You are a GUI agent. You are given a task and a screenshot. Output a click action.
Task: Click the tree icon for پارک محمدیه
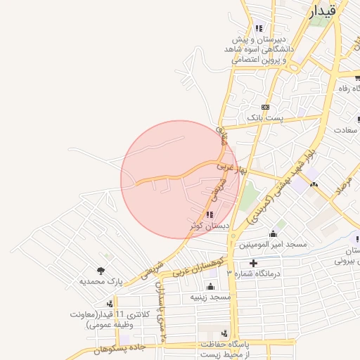[x=101, y=270]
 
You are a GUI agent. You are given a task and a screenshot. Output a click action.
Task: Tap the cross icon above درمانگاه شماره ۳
[x=253, y=263]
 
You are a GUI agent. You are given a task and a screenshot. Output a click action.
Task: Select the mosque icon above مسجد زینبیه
[x=210, y=286]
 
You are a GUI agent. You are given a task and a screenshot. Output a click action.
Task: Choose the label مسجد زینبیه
[x=210, y=297]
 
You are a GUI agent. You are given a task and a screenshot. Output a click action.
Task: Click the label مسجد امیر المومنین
[x=273, y=244]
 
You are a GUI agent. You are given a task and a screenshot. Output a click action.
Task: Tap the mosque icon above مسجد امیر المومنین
[x=273, y=233]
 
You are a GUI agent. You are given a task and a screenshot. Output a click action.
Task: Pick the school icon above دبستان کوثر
[x=210, y=214]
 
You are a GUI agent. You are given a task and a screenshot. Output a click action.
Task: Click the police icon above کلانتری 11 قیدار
[x=91, y=303]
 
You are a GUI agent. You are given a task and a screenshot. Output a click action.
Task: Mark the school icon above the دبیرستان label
[x=259, y=29]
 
